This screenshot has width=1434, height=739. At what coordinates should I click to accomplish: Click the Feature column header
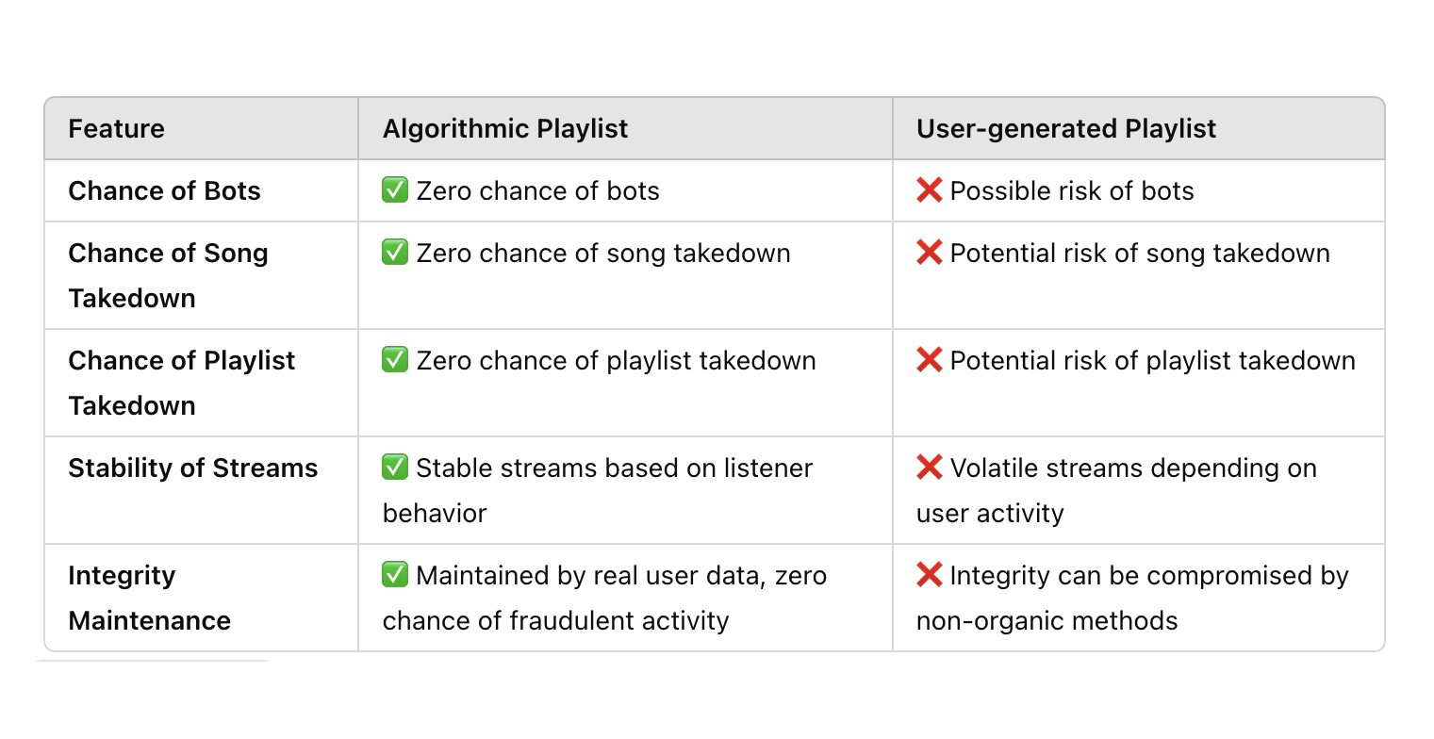[x=116, y=129]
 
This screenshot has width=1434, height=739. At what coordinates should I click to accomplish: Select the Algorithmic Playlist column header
[x=504, y=129]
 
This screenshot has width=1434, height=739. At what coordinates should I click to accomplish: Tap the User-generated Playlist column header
[x=1065, y=129]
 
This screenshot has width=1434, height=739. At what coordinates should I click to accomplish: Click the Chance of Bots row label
[x=164, y=191]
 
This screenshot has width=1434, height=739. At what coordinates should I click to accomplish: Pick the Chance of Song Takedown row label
[x=168, y=275]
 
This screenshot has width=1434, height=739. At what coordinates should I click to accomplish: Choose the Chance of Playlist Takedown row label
[x=181, y=383]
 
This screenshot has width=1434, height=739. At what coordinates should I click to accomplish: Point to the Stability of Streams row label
[x=192, y=468]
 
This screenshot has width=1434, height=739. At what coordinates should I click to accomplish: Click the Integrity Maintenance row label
[x=149, y=598]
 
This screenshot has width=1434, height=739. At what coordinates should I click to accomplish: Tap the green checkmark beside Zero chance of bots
[x=395, y=191]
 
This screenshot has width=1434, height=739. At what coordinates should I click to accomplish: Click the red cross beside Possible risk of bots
[x=929, y=191]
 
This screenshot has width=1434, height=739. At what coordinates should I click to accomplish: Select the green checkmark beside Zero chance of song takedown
[x=395, y=254]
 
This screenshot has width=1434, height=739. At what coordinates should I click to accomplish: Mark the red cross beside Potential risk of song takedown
[x=929, y=254]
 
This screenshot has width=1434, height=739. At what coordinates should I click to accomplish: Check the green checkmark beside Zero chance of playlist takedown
[x=395, y=361]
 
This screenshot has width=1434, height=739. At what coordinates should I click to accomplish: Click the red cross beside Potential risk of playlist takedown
[x=929, y=361]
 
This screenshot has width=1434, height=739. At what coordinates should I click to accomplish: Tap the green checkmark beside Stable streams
[x=395, y=468]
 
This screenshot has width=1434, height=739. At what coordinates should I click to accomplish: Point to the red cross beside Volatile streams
[x=929, y=468]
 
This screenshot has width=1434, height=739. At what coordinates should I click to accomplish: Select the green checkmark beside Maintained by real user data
[x=395, y=576]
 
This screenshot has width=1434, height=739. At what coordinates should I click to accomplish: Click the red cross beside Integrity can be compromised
[x=929, y=576]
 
